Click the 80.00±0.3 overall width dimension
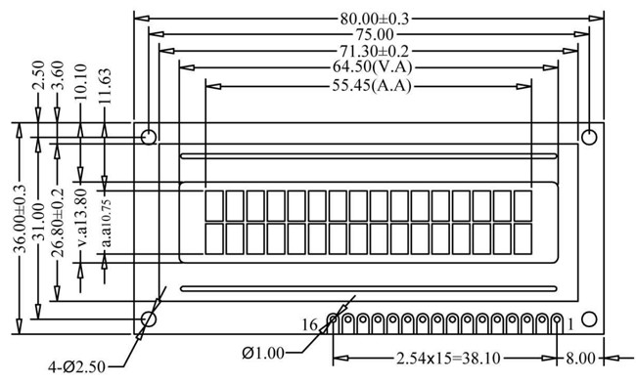coord(375,19)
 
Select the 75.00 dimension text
coord(375,35)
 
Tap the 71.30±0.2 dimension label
coord(375,51)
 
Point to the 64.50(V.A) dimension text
coord(372,66)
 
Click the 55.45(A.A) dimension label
coord(372,86)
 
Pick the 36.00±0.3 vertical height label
coord(20,219)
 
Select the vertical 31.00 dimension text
coord(39,222)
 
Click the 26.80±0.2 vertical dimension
coord(58,223)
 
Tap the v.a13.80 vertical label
coord(80,218)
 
